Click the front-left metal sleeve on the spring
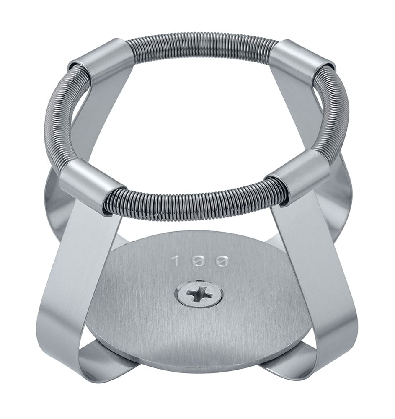tap(89, 182)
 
